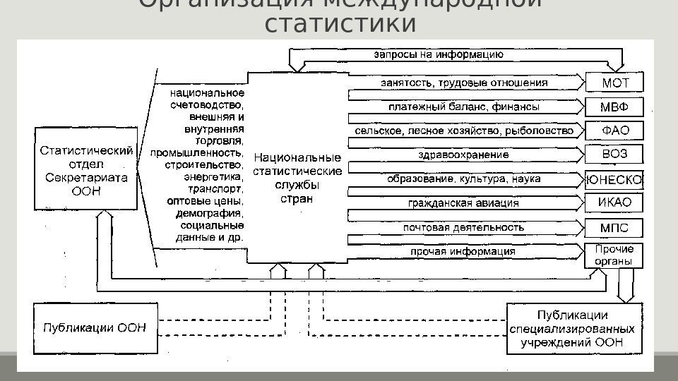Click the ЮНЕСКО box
[x=614, y=179]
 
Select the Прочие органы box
[x=613, y=255]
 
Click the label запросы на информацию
[x=438, y=53]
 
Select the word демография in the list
[x=214, y=213]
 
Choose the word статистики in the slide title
[x=339, y=23]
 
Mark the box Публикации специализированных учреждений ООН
[x=573, y=328]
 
